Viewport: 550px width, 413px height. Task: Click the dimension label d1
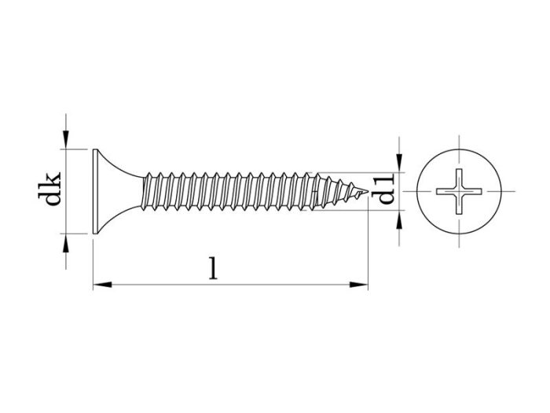385,191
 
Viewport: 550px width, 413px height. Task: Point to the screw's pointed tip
368,191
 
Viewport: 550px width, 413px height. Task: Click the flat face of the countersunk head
94,191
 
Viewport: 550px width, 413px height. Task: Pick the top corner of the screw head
94,149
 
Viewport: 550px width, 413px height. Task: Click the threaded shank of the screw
236,191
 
